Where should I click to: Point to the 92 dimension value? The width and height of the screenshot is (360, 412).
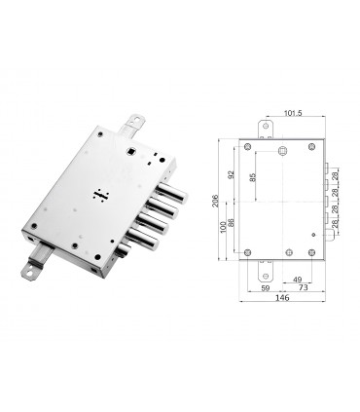click(230, 176)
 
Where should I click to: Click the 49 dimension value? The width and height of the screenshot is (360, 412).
click(297, 281)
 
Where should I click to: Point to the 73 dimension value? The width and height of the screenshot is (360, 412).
click(304, 288)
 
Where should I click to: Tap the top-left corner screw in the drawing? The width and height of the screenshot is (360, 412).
click(249, 147)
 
